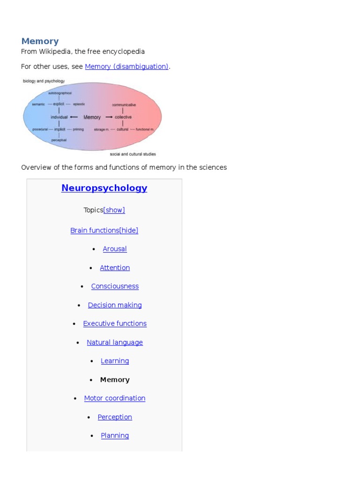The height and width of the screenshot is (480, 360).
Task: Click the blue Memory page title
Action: [40, 41]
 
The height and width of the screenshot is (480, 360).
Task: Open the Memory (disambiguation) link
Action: [127, 67]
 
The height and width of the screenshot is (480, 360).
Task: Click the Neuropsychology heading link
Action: [104, 188]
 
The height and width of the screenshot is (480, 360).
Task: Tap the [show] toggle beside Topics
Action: [114, 210]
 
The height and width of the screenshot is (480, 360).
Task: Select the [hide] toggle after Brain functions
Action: [129, 230]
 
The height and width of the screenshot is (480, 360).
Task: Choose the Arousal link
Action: [115, 249]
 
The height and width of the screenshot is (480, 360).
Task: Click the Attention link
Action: [115, 268]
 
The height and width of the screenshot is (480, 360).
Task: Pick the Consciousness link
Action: [115, 286]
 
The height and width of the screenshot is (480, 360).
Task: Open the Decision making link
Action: [115, 305]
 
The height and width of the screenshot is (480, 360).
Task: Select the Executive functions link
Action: [115, 323]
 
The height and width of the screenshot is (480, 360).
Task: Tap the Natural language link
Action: [115, 342]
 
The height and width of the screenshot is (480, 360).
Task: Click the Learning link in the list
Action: [115, 361]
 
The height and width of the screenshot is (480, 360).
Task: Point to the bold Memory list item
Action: [115, 380]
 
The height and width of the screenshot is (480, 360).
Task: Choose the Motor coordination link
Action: [115, 398]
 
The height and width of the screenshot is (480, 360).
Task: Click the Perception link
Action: [115, 417]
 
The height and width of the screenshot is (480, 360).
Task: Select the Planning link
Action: [115, 435]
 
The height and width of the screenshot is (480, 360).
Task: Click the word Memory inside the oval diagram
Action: [92, 117]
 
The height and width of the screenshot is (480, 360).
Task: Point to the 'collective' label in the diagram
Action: [123, 117]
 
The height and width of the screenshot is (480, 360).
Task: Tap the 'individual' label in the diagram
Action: [59, 117]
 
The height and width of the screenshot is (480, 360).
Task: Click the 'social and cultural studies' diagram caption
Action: [133, 154]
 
